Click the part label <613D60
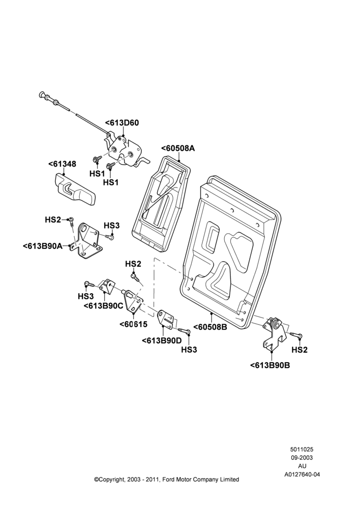click(x=122, y=123)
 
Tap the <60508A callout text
click(x=178, y=148)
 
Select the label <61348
click(x=62, y=164)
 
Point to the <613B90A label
click(x=43, y=246)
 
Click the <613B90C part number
click(x=103, y=305)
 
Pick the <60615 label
click(x=133, y=324)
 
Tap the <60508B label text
click(x=210, y=327)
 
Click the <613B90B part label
click(x=270, y=365)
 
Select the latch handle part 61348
click(x=74, y=190)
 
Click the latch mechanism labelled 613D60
click(x=126, y=151)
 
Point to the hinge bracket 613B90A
click(x=86, y=239)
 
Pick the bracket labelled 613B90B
click(x=275, y=333)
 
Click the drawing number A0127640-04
click(x=302, y=474)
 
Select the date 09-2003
click(x=302, y=458)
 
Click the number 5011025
click(x=302, y=450)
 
